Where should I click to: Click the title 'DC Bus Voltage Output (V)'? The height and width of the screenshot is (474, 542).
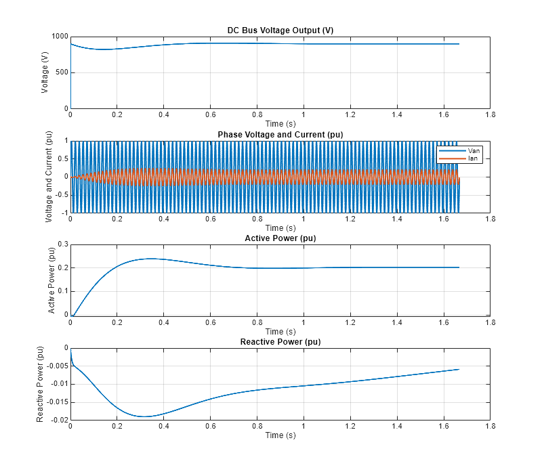tap(280, 30)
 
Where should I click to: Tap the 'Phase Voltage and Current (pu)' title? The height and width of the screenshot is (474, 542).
tap(280, 135)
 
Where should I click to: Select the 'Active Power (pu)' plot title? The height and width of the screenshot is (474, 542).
tap(280, 238)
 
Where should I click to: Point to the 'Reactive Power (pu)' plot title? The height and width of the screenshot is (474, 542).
tap(280, 342)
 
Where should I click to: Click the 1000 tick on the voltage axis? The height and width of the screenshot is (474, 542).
tap(58, 37)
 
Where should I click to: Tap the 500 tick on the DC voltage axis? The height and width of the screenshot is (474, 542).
tap(60, 72)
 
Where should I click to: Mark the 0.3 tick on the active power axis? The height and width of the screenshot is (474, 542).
tap(62, 244)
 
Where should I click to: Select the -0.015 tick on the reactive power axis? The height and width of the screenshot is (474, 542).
tap(56, 402)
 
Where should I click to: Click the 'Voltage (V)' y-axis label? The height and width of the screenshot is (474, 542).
tap(45, 72)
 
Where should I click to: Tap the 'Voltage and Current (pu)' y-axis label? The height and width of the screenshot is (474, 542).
tap(48, 176)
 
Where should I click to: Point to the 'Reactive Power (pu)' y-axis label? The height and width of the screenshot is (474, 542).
tap(41, 384)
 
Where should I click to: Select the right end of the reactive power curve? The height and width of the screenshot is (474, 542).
tap(459, 369)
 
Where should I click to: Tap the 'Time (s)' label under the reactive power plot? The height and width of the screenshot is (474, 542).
tap(280, 435)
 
